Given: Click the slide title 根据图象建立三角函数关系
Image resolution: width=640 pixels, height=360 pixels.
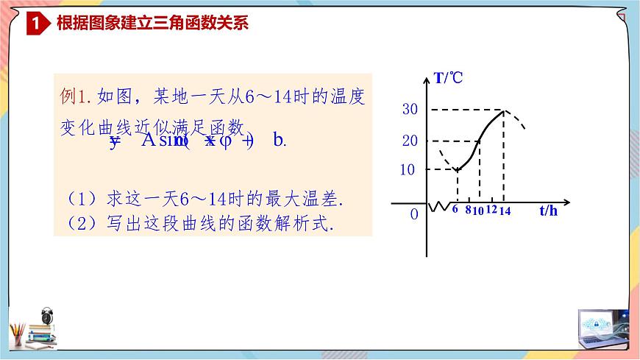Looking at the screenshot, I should [x=152, y=24].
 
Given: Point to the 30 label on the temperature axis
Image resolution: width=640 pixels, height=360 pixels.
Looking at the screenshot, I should [x=410, y=110].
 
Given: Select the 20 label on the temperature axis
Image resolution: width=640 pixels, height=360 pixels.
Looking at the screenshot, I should [x=410, y=140].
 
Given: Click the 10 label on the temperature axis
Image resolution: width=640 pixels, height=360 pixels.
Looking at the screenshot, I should [x=408, y=169].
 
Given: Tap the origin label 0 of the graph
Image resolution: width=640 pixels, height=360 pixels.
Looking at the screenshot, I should [x=414, y=213].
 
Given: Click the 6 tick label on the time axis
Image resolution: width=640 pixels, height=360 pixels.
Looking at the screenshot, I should [x=455, y=210].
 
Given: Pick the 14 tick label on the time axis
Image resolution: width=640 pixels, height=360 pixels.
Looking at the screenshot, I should [x=504, y=211].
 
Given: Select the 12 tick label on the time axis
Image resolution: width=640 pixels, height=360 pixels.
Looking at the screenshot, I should [x=491, y=210].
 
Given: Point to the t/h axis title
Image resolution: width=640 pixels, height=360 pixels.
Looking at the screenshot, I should [x=548, y=211].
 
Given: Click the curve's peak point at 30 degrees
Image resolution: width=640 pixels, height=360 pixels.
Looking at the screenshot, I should [x=503, y=110].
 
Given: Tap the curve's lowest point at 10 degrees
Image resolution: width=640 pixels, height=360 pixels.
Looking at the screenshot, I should [x=457, y=170].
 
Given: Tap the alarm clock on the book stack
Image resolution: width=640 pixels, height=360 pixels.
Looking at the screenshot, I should [x=49, y=316].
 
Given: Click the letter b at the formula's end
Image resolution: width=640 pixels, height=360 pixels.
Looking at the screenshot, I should [x=278, y=140].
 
